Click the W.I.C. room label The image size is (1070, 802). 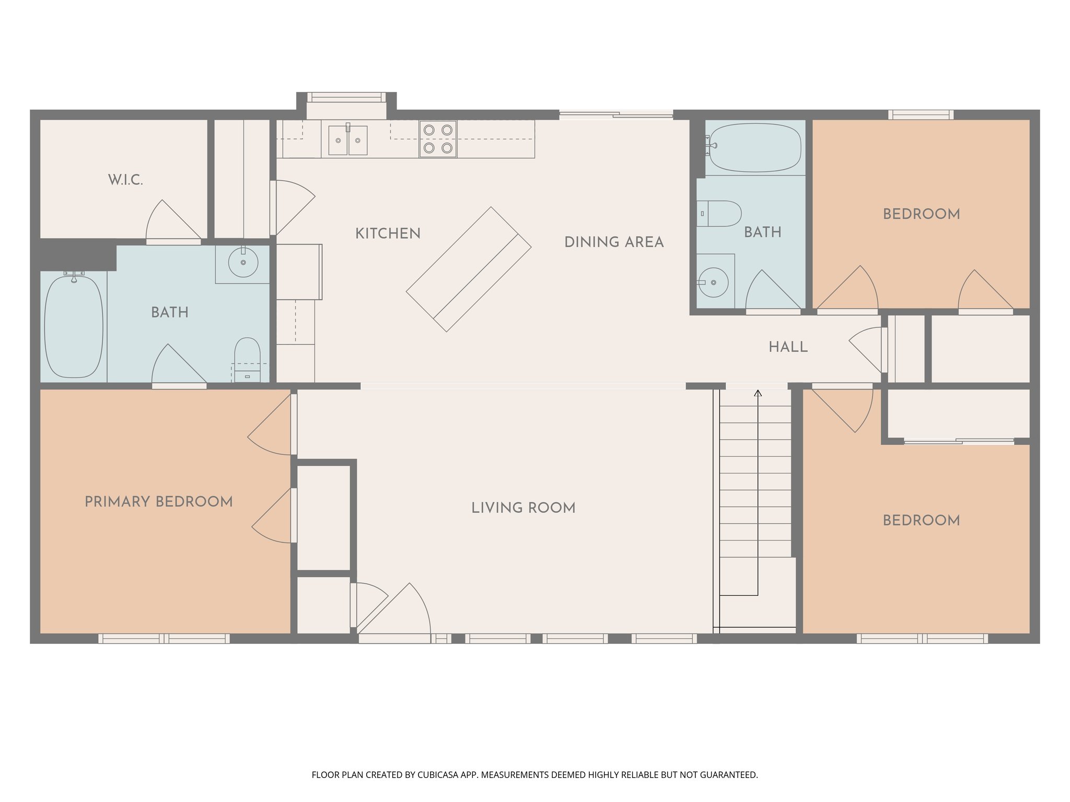(x=125, y=180)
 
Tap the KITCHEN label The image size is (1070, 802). (x=388, y=233)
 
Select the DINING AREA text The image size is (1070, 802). (x=614, y=242)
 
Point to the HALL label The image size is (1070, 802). (x=788, y=347)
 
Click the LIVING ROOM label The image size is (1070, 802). (x=523, y=508)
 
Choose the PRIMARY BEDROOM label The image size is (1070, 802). (x=158, y=502)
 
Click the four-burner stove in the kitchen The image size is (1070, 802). (x=438, y=139)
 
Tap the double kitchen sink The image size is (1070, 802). (x=347, y=140)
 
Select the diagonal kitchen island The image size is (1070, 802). (x=469, y=269)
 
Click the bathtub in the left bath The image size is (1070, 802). (x=74, y=326)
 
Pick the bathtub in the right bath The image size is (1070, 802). (x=755, y=147)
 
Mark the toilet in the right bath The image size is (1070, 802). (x=720, y=214)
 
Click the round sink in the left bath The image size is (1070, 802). (x=243, y=263)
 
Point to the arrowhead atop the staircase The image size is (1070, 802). (x=758, y=393)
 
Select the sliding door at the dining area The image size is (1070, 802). (x=616, y=114)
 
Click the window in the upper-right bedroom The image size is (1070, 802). (x=921, y=114)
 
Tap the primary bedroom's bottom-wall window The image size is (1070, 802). (x=164, y=638)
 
